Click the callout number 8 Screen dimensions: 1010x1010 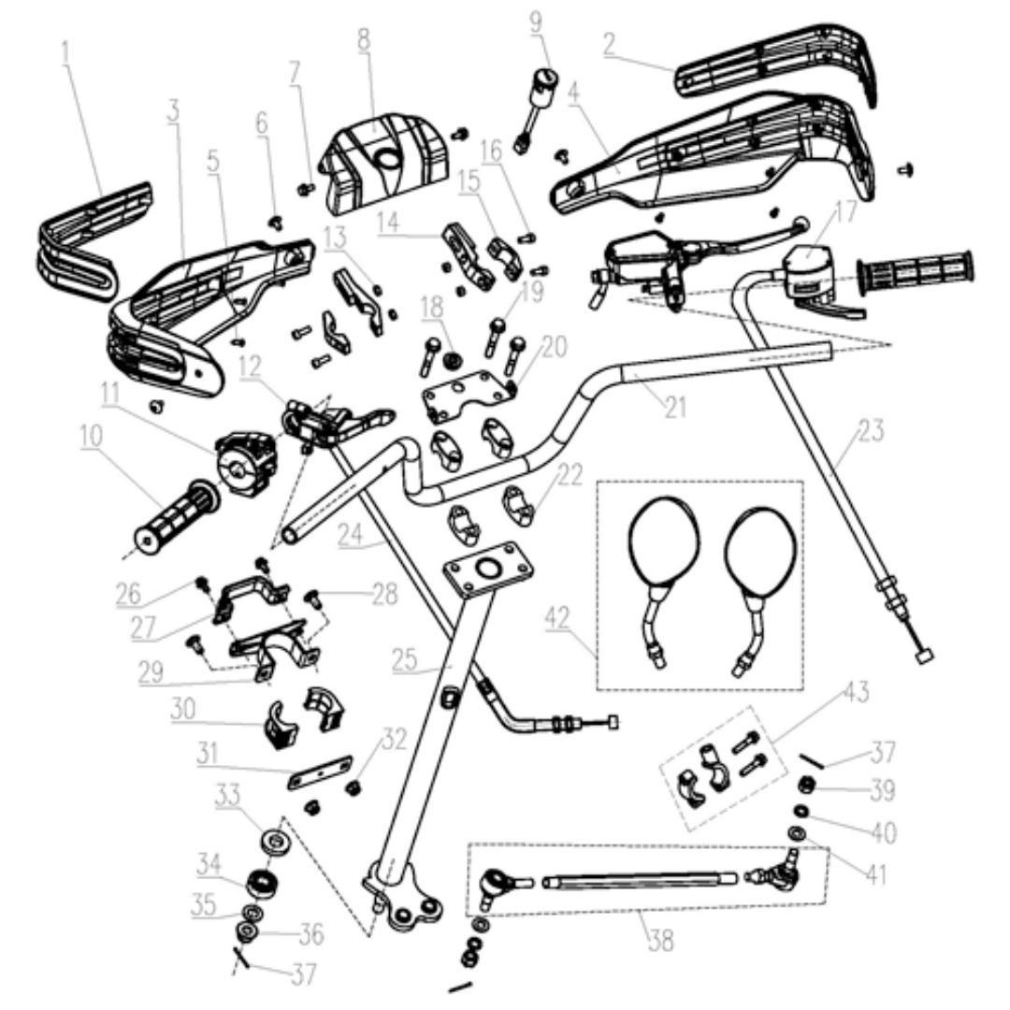pos(363,38)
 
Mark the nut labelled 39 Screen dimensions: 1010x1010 pos(806,785)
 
